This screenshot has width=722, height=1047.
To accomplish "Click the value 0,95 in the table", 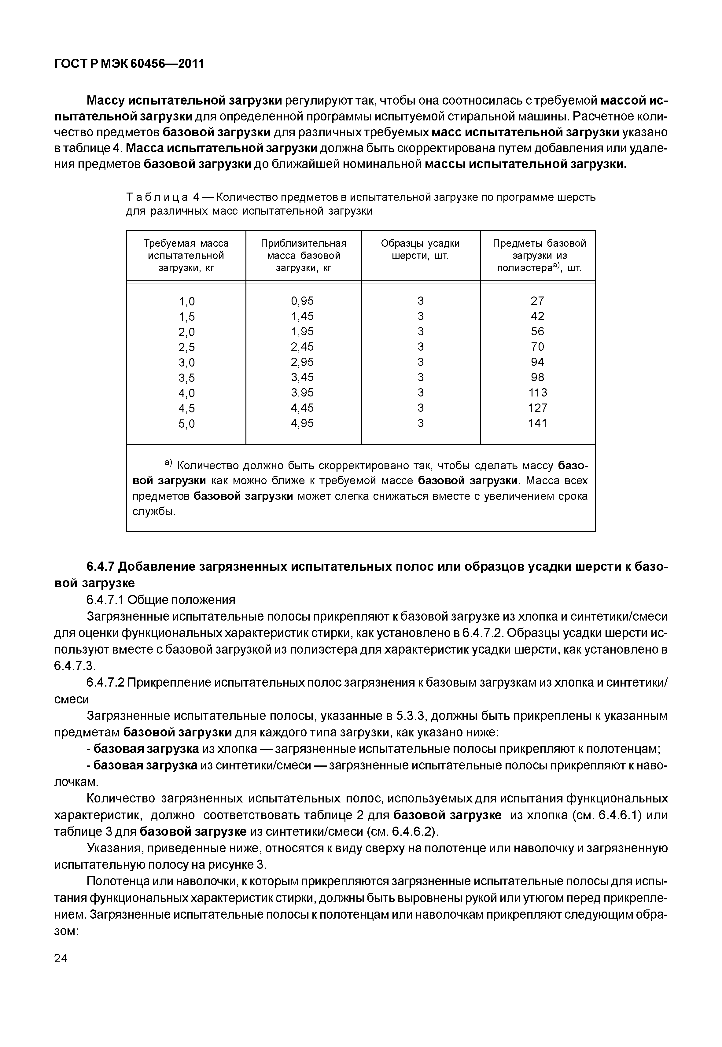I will coord(303,301).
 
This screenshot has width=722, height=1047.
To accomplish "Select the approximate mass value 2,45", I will coord(303,347).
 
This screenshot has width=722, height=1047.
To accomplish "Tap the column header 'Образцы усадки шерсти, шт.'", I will coord(420,249).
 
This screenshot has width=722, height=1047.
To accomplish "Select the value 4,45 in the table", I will coord(303,408).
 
